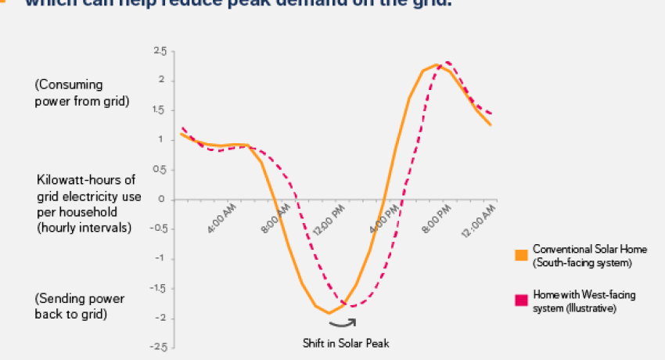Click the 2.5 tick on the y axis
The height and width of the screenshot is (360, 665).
pyautogui.click(x=160, y=51)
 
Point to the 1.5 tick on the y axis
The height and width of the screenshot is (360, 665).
pyautogui.click(x=160, y=110)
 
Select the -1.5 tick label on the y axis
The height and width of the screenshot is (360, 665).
pyautogui.click(x=159, y=288)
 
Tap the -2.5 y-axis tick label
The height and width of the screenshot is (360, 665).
pyautogui.click(x=159, y=347)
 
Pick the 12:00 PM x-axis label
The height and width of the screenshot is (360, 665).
pyautogui.click(x=331, y=216)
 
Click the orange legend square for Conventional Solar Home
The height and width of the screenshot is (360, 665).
pyautogui.click(x=520, y=254)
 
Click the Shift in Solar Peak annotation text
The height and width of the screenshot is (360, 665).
pyautogui.click(x=345, y=343)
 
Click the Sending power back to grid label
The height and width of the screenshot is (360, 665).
pyautogui.click(x=79, y=306)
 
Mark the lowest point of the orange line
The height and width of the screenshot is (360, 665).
pyautogui.click(x=329, y=313)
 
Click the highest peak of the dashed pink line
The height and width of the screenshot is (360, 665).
pyautogui.click(x=448, y=62)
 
